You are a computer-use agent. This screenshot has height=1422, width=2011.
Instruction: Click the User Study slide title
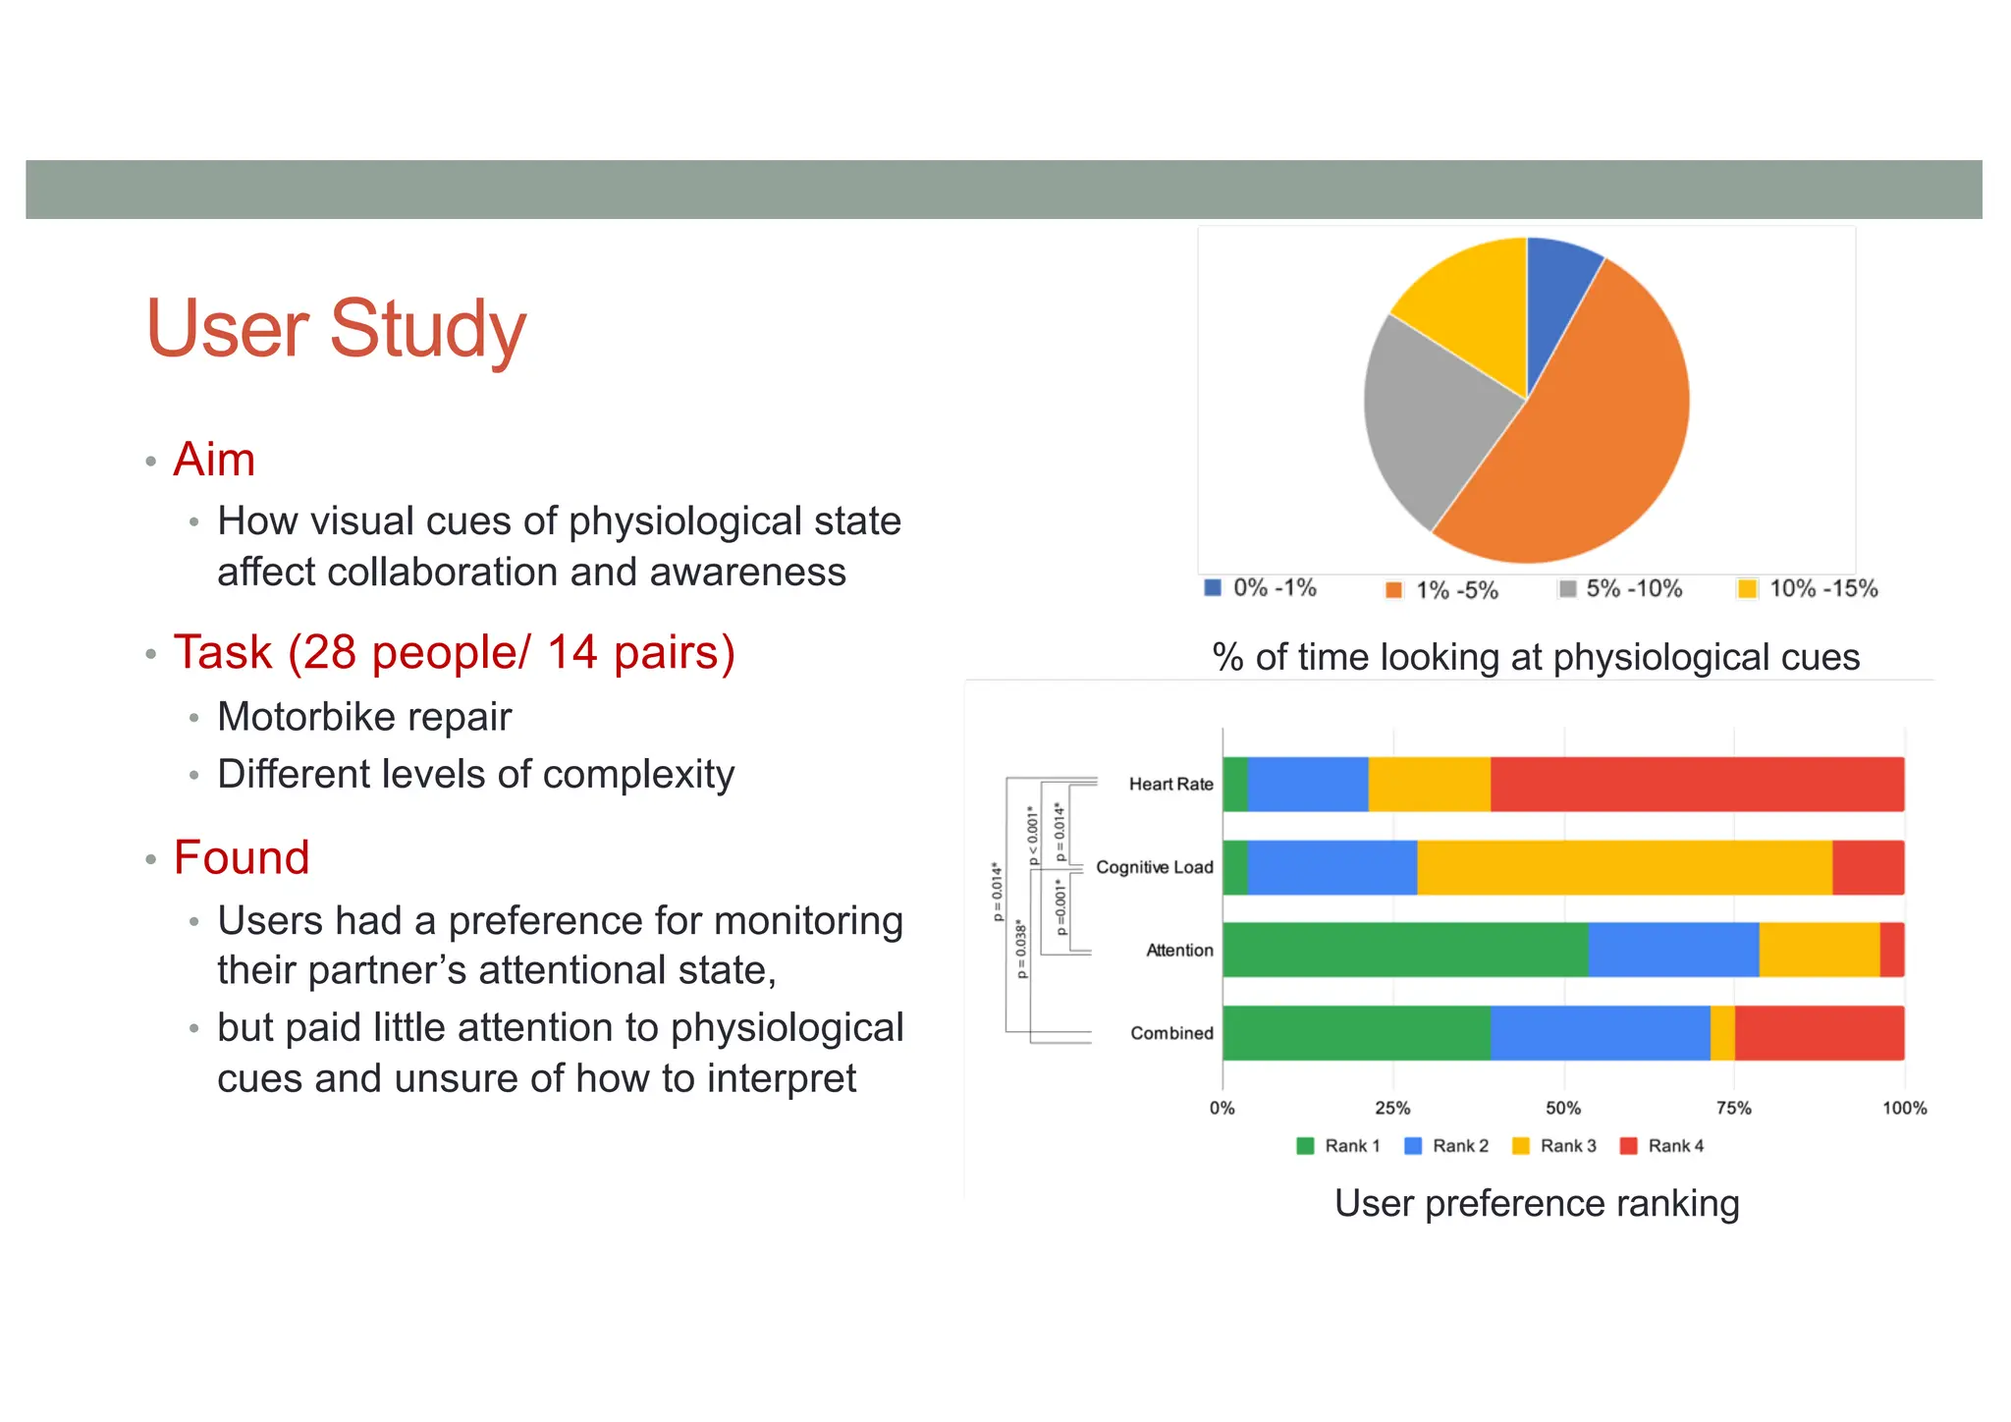[336, 329]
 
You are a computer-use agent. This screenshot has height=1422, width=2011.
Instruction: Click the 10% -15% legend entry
[1809, 589]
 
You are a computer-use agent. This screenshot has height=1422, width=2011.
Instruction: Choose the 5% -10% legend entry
[1621, 589]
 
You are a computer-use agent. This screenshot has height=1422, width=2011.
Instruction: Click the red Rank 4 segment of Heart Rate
[1697, 784]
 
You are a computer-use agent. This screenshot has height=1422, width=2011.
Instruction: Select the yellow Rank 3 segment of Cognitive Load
[1624, 867]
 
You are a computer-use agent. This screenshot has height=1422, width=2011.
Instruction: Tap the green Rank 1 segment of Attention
[1404, 950]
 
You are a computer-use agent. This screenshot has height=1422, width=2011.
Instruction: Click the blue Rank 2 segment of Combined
[1600, 1033]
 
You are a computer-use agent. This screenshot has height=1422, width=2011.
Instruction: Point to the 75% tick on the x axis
[1733, 1108]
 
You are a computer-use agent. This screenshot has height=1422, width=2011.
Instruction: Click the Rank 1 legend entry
[1339, 1146]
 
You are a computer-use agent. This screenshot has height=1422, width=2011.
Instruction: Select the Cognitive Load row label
[1154, 867]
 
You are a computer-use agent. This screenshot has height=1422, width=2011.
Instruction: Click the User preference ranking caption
[1537, 1203]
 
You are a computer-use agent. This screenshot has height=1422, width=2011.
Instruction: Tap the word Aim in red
[214, 460]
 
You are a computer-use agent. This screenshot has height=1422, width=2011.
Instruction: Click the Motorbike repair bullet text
[364, 717]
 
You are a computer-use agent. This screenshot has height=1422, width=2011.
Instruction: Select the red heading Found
[242, 857]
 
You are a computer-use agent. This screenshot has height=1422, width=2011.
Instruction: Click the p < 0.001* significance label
[1031, 835]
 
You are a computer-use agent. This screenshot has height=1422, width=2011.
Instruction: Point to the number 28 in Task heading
[330, 653]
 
